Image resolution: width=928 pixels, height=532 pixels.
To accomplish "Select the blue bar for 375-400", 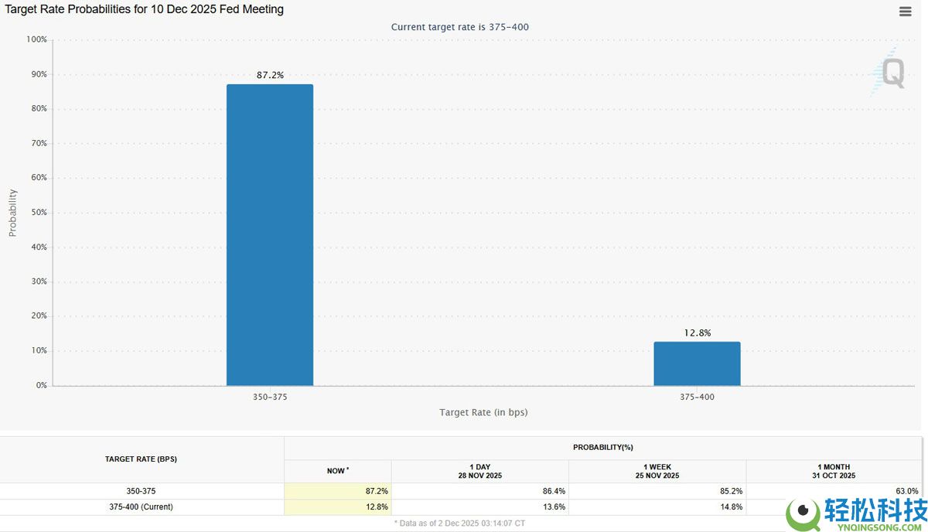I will coord(697,363).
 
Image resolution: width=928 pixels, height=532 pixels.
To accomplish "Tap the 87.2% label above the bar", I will coord(270,75).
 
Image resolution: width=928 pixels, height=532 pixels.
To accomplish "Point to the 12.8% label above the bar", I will coord(697,332).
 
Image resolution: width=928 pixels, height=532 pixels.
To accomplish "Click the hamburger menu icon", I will coord(905,12).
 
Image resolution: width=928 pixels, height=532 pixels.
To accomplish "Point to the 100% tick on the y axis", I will coord(36,39).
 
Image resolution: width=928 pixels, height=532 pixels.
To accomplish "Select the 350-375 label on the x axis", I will coord(270,397).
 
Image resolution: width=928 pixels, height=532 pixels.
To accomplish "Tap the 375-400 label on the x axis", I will coord(697,397).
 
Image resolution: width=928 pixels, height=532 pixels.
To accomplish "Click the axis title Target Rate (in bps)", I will coord(483,412).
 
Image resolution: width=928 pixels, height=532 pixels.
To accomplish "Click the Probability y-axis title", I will coord(12,213).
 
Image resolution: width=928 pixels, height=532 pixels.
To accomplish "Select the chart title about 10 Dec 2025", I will coord(145,9).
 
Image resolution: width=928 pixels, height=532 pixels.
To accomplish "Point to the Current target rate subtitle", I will coord(459,27).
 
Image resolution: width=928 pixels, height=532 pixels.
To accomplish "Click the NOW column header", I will coord(337,470).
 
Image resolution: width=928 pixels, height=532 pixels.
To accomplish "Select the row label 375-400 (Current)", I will coord(141,507).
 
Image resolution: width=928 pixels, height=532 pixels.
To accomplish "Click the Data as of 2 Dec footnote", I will coord(459,523).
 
